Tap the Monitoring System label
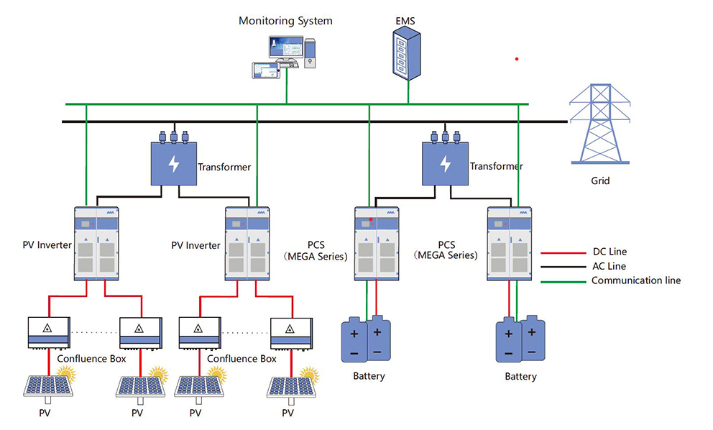tap(285, 21)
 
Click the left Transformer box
tap(173, 163)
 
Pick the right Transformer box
tap(445, 163)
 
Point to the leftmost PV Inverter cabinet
tap(97, 244)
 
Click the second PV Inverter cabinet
tap(247, 244)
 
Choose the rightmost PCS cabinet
tap(510, 244)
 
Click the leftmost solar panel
tap(47, 385)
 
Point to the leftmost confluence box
tap(49, 333)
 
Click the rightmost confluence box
tap(290, 333)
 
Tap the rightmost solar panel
tap(290, 385)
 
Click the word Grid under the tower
tap(600, 181)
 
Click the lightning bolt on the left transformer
tap(173, 164)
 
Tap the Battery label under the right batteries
tap(520, 377)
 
